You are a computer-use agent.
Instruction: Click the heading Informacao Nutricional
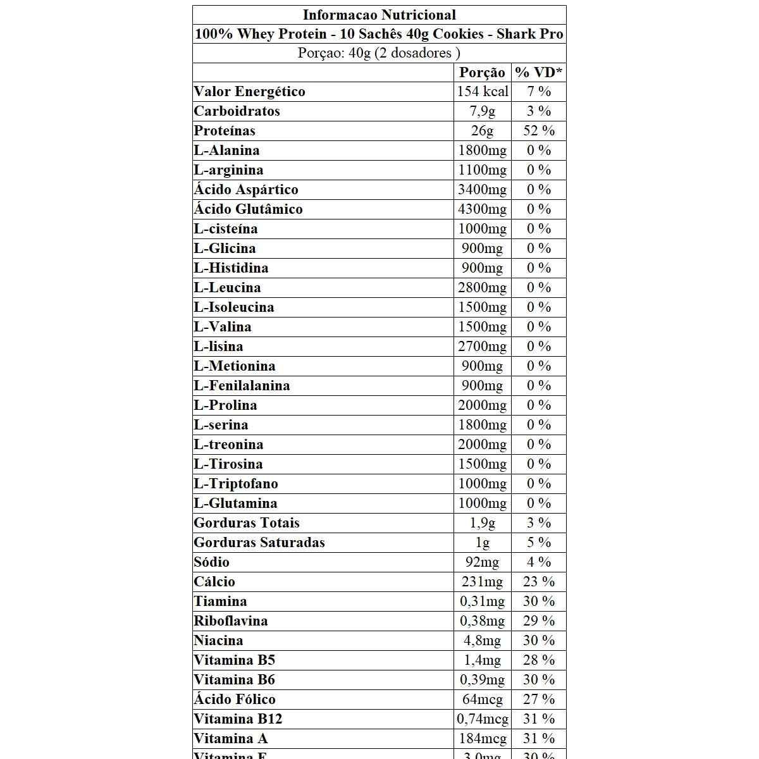[x=379, y=15]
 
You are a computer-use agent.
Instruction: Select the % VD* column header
[x=538, y=72]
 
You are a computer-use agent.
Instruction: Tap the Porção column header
[x=482, y=72]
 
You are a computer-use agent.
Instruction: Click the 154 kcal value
[x=483, y=92]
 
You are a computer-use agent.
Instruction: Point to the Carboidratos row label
[x=237, y=111]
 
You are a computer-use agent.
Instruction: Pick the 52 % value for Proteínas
[x=539, y=131]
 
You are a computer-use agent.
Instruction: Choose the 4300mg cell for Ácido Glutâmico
[x=483, y=209]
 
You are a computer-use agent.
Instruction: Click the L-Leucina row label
[x=227, y=288]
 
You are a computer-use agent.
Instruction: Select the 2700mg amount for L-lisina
[x=483, y=347]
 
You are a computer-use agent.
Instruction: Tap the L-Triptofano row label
[x=236, y=484]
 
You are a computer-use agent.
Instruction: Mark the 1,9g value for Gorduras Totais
[x=483, y=523]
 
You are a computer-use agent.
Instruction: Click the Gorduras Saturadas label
[x=259, y=543]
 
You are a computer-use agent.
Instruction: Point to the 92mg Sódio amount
[x=483, y=562]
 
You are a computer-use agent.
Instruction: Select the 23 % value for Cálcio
[x=539, y=582]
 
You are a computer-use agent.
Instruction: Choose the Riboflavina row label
[x=231, y=621]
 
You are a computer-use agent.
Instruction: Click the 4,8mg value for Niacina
[x=483, y=641]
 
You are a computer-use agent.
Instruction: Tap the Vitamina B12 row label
[x=238, y=719]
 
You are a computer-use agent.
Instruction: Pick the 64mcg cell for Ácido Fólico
[x=483, y=700]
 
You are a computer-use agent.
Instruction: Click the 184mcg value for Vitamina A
[x=483, y=739]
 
